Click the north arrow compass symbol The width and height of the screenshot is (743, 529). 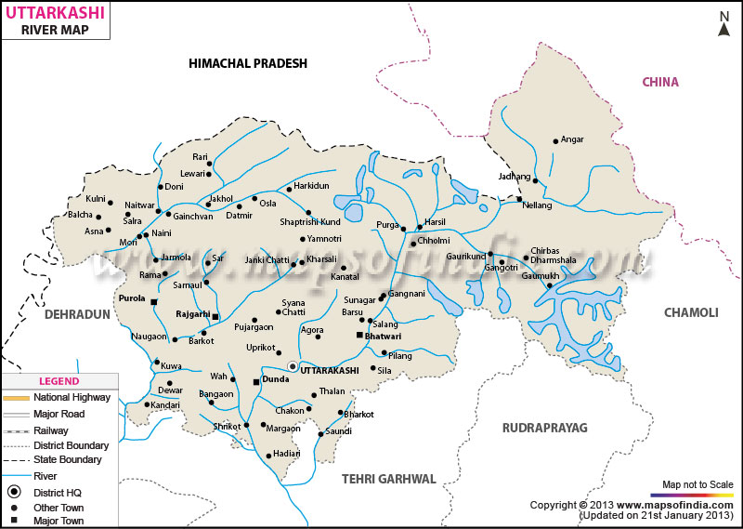tap(723, 23)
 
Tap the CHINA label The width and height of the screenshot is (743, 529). tap(660, 83)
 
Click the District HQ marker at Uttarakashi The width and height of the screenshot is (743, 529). tap(293, 366)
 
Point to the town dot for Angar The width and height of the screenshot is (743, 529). tap(555, 141)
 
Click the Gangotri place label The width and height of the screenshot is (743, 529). tap(502, 267)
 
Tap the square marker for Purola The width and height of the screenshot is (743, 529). tap(154, 302)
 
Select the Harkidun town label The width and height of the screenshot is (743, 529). tap(311, 186)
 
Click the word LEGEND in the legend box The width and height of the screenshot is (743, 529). tap(59, 381)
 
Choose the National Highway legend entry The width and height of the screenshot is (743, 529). tap(72, 397)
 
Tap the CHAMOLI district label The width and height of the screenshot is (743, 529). tap(690, 312)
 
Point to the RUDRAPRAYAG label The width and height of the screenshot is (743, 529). tap(545, 427)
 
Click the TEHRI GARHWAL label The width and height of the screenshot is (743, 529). tap(388, 478)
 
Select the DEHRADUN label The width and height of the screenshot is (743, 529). tap(77, 315)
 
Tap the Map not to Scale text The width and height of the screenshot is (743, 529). tap(697, 484)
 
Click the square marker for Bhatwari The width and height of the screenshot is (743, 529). tap(359, 335)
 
